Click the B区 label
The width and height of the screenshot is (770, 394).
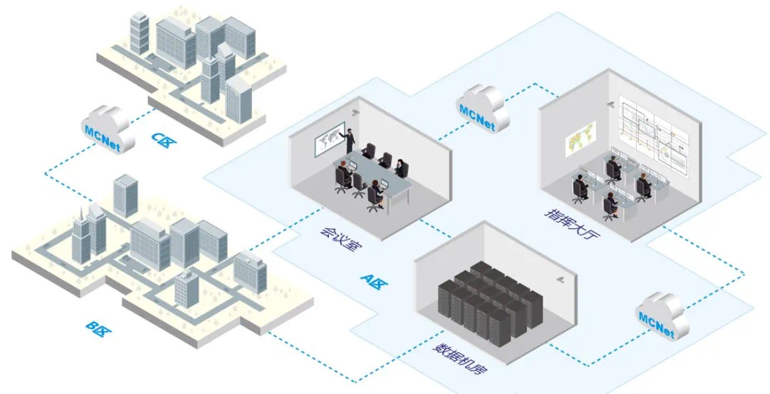(x=98, y=328)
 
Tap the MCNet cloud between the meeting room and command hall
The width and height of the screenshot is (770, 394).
(x=482, y=106)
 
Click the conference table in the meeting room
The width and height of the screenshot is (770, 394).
(x=374, y=177)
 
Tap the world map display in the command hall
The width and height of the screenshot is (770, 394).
(x=580, y=138)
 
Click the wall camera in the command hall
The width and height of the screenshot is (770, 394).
(x=611, y=103)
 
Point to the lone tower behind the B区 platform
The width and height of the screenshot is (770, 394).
(x=125, y=194)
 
